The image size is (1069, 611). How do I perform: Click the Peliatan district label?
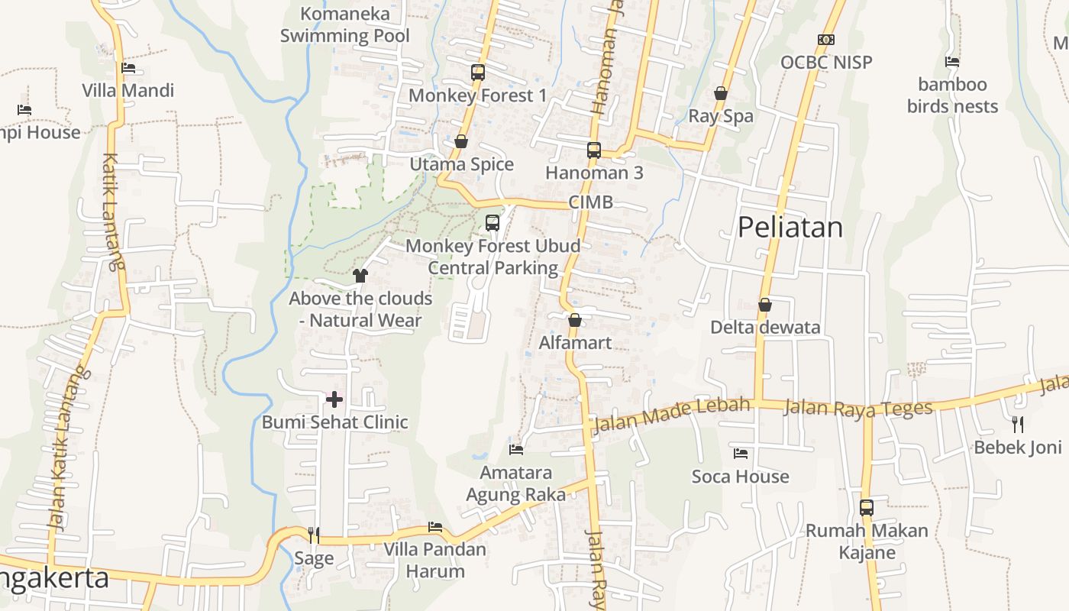click(790, 228)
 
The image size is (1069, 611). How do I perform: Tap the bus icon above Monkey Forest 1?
click(478, 73)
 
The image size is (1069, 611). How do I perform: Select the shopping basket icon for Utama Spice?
click(460, 141)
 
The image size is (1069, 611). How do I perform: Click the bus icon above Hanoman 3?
click(594, 150)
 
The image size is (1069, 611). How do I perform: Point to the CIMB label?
click(590, 203)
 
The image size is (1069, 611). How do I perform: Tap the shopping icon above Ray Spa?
click(720, 93)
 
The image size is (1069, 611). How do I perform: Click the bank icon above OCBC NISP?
click(825, 40)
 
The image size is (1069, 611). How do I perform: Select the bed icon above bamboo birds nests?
click(951, 62)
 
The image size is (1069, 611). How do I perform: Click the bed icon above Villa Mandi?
click(128, 68)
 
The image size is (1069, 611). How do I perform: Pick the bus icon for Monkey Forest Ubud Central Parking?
click(493, 223)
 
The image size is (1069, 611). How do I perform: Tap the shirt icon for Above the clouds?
click(360, 275)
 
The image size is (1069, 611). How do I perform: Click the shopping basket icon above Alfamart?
click(575, 319)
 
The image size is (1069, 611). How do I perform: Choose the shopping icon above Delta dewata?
click(765, 305)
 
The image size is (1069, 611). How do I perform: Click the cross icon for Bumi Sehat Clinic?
click(334, 399)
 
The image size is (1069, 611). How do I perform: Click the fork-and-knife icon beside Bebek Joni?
click(1017, 424)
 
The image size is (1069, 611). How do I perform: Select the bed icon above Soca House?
click(740, 454)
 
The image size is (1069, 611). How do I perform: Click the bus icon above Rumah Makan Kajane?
click(867, 507)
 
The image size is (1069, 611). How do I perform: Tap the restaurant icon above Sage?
click(314, 535)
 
